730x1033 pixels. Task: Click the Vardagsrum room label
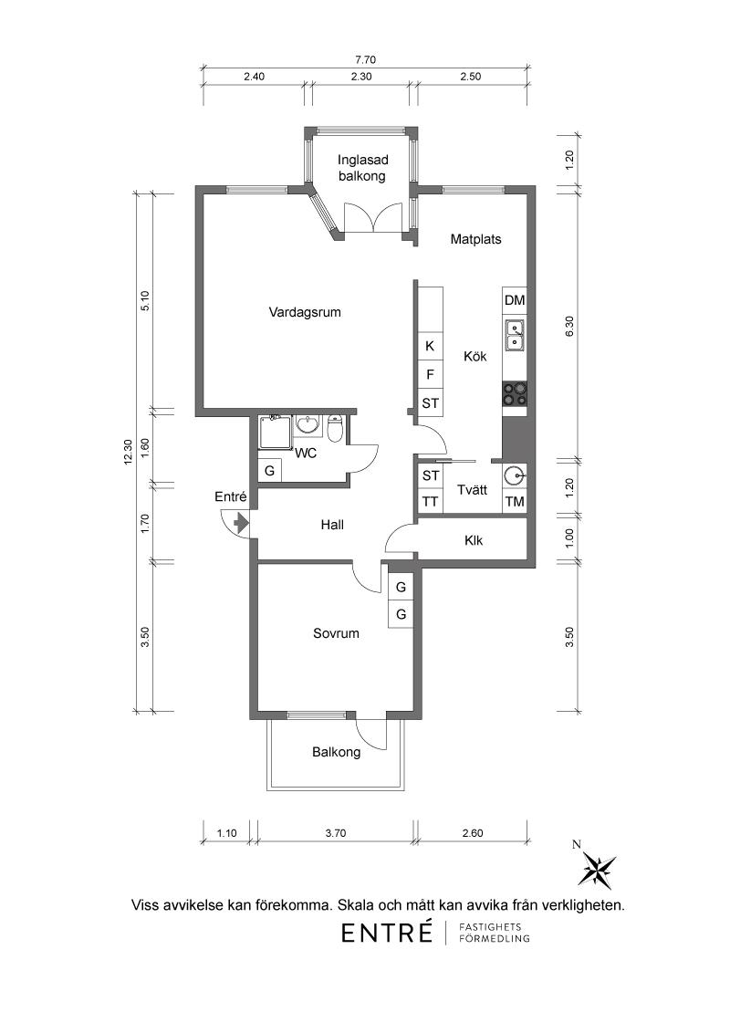[305, 311]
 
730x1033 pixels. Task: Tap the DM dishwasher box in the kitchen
[515, 300]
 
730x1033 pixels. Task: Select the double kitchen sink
[515, 335]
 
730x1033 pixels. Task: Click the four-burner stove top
[515, 393]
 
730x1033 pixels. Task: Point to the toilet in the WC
[335, 428]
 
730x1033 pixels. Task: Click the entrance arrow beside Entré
[241, 523]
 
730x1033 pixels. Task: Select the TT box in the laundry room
[430, 501]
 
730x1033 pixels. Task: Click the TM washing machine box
[515, 501]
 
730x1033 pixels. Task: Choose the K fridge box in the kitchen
[430, 346]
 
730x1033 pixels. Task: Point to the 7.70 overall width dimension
[365, 60]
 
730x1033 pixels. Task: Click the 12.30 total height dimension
[129, 453]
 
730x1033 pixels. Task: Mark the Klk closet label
[473, 540]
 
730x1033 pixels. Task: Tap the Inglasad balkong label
[362, 168]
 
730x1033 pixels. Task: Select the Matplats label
[475, 238]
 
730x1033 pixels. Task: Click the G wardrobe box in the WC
[269, 471]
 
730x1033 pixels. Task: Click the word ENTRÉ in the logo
[387, 933]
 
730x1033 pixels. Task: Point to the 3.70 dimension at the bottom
[336, 833]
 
